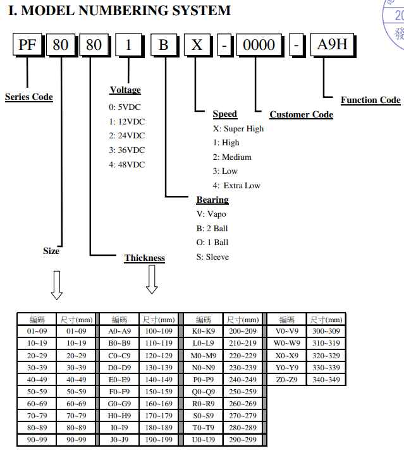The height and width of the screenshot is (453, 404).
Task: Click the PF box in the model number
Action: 27,45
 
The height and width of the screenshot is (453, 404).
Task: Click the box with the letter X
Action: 197,45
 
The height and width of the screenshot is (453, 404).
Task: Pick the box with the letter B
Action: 164,45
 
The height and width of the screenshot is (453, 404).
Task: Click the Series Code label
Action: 29,97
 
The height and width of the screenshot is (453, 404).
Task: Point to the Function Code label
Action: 370,100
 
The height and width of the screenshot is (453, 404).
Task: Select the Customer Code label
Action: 301,114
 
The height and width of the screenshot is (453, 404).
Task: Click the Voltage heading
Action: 125,90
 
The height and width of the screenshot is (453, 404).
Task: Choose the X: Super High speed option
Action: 238,129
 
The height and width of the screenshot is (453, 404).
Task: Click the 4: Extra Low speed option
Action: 236,186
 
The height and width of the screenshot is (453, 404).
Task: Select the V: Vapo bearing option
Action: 211,214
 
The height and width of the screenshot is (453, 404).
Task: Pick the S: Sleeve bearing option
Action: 212,257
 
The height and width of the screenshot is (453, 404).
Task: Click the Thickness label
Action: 144,258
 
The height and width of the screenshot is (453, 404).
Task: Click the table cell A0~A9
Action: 119,331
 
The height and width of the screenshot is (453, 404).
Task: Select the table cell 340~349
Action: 326,380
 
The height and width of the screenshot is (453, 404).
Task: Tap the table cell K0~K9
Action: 203,331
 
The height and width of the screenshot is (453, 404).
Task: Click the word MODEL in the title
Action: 56,11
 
